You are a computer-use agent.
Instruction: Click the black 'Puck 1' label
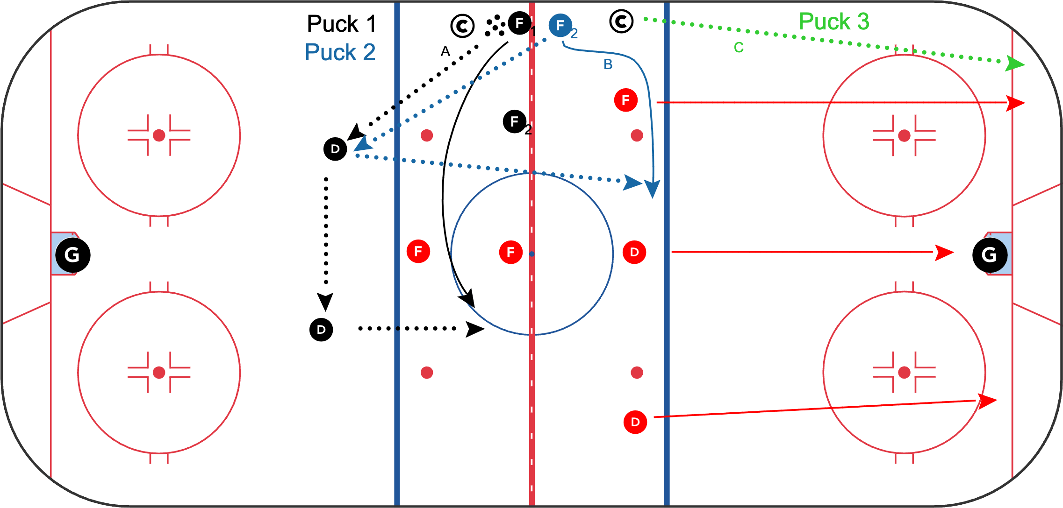point(341,24)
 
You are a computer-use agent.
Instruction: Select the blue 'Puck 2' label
point(340,52)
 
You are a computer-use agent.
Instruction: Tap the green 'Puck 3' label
point(833,21)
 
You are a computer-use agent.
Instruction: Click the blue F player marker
point(560,25)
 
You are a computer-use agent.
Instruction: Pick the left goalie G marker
point(72,255)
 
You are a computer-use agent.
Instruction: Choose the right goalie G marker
point(990,255)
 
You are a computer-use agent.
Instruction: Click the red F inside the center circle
point(510,252)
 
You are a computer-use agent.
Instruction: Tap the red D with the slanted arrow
point(635,422)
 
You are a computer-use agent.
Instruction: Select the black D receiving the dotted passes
point(335,149)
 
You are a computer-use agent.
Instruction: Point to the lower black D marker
point(321,330)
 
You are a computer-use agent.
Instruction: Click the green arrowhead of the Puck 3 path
point(1014,64)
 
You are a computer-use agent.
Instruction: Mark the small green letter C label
point(739,48)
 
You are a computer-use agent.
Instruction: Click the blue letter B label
point(608,64)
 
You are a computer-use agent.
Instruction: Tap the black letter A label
point(445,51)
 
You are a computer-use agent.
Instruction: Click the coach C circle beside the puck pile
point(462,26)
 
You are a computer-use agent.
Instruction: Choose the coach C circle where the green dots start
point(621,21)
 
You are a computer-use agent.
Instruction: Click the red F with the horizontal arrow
point(625,100)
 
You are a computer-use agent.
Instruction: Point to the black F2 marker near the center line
point(515,122)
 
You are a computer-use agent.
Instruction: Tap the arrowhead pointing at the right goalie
point(944,252)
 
